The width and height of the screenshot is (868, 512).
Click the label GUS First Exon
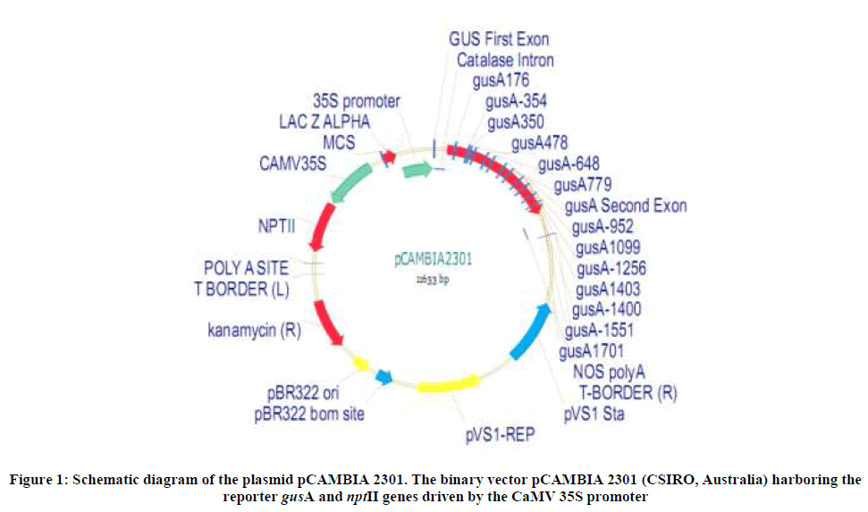pyautogui.click(x=499, y=39)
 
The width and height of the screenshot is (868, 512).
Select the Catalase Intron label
pyautogui.click(x=505, y=61)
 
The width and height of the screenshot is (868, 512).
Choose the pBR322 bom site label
pyautogui.click(x=309, y=414)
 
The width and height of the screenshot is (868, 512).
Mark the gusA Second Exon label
pyautogui.click(x=626, y=206)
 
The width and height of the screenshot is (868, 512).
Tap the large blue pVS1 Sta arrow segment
pyautogui.click(x=531, y=330)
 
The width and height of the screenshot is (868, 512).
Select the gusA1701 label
pyautogui.click(x=591, y=350)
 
